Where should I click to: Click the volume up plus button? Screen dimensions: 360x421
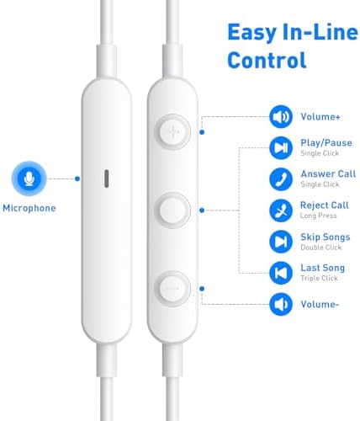(172, 131)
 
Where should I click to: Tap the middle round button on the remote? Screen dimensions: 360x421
(172, 210)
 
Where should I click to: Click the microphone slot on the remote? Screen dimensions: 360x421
(107, 179)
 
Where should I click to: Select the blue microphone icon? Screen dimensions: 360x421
(29, 179)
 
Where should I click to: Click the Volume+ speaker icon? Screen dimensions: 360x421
(281, 117)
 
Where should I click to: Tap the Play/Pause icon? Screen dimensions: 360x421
(281, 148)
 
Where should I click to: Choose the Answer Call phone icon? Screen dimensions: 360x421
(281, 179)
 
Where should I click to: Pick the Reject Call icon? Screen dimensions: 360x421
(281, 210)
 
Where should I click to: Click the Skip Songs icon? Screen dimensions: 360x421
(281, 242)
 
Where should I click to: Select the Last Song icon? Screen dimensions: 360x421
(281, 273)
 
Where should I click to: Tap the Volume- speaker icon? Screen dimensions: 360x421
(281, 304)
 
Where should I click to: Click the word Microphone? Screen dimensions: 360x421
(29, 208)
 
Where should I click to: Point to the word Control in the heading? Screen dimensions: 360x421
(267, 60)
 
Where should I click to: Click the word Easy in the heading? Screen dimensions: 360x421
(252, 33)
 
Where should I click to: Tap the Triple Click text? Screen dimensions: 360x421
(319, 278)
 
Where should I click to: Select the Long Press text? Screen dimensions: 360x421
(318, 216)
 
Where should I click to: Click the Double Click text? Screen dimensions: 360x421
(321, 248)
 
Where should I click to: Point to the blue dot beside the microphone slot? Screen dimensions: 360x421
(77, 179)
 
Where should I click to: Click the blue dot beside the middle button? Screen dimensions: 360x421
(202, 210)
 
